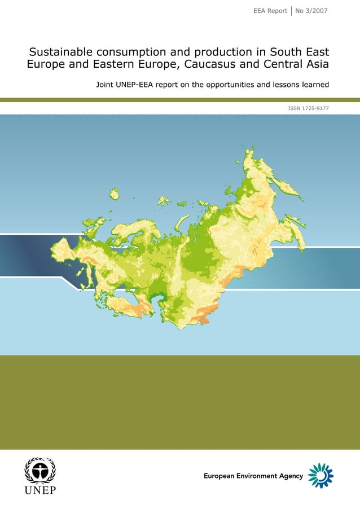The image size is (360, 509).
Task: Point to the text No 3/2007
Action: click(311, 11)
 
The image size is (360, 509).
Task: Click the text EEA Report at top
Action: click(270, 11)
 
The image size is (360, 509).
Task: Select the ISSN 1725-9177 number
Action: click(308, 107)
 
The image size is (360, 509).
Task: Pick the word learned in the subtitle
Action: click(313, 86)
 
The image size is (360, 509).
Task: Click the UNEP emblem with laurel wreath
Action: click(39, 471)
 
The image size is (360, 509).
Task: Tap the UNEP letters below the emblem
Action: click(39, 490)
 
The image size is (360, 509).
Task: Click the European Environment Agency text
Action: click(253, 476)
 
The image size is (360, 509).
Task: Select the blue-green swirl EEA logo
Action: click(321, 475)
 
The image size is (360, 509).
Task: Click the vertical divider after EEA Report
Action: click(291, 11)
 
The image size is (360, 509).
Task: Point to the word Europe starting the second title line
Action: click(46, 64)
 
